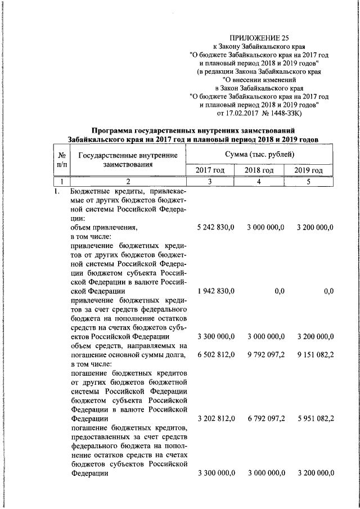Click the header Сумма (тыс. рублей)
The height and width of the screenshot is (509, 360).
pyautogui.click(x=259, y=154)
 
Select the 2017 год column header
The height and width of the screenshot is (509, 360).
pyautogui.click(x=210, y=170)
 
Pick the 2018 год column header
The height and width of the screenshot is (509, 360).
pyautogui.click(x=259, y=170)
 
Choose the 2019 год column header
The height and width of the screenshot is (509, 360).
pyautogui.click(x=309, y=170)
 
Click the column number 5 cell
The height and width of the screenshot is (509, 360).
pyautogui.click(x=309, y=181)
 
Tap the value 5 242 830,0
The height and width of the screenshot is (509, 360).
pyautogui.click(x=216, y=227)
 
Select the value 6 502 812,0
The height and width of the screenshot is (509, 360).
pyautogui.click(x=216, y=355)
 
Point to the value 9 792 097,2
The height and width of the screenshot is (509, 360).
pyautogui.click(x=265, y=355)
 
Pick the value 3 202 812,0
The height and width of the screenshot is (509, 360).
pyautogui.click(x=216, y=418)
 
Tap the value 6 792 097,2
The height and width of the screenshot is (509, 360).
pyautogui.click(x=265, y=418)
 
